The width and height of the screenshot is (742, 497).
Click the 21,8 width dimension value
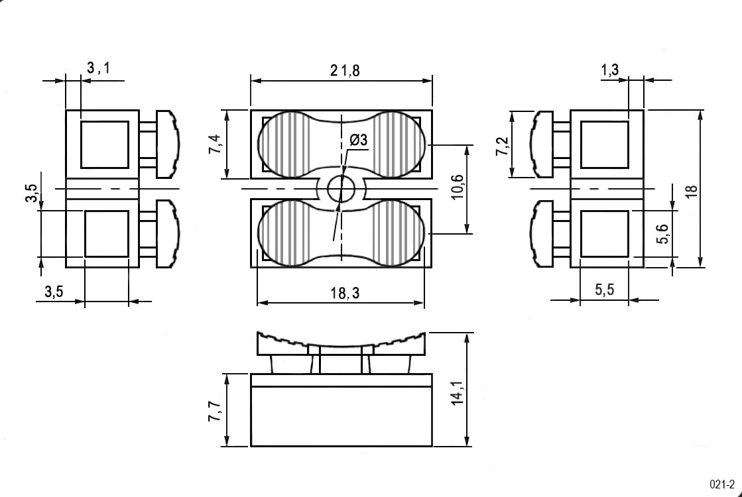(x=345, y=70)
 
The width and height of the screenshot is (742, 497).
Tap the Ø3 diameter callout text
(x=358, y=140)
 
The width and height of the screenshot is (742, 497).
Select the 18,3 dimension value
(x=345, y=293)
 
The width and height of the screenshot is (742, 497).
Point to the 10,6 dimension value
(x=458, y=187)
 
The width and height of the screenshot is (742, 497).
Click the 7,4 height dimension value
(x=216, y=144)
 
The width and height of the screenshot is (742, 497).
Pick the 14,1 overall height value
(x=458, y=393)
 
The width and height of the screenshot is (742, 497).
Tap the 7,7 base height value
(x=216, y=412)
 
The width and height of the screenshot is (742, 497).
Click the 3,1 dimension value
(x=98, y=68)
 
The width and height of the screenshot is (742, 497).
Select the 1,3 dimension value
(x=610, y=70)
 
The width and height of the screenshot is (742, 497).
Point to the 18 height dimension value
(x=692, y=191)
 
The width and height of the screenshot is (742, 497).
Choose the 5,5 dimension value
(x=604, y=290)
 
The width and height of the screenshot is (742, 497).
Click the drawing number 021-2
(x=722, y=484)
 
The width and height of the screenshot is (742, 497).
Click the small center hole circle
(x=341, y=189)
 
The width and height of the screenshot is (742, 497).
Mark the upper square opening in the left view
(x=105, y=144)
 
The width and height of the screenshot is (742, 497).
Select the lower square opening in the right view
(x=604, y=234)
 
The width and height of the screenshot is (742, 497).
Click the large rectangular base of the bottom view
(x=341, y=416)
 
